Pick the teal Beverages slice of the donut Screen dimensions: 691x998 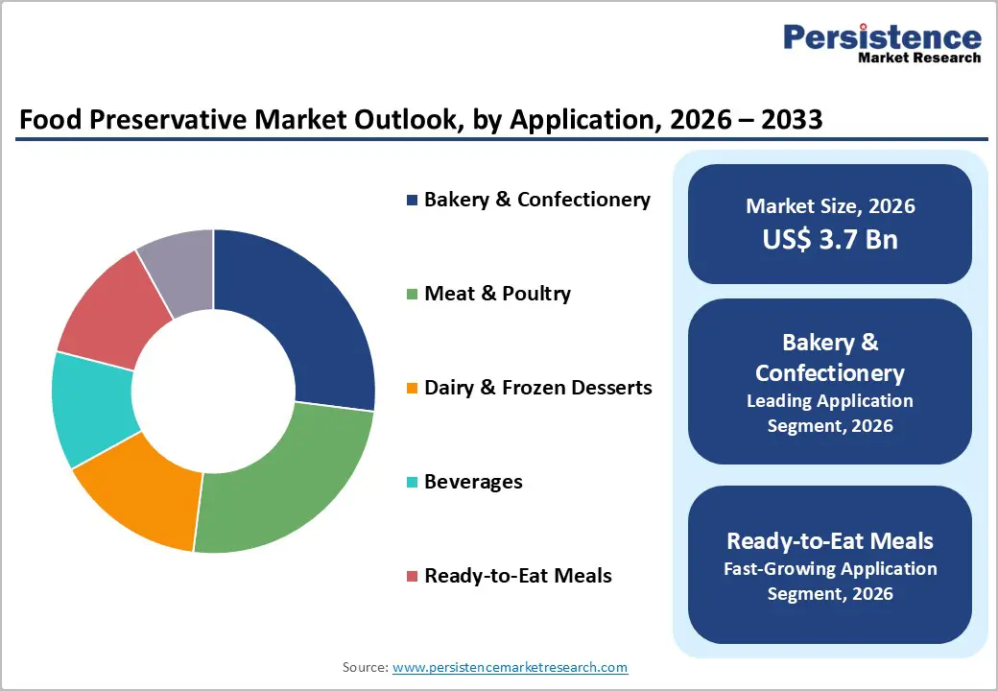[92, 407]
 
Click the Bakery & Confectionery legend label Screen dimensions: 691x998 [536, 200]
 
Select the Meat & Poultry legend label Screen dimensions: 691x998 [497, 294]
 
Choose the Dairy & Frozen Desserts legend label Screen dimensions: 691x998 [537, 388]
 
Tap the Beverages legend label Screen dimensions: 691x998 [473, 482]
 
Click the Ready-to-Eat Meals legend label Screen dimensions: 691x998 [517, 576]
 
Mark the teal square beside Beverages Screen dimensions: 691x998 [413, 483]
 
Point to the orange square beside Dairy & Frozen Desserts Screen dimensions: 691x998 [413, 389]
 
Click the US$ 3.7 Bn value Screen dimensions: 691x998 [830, 239]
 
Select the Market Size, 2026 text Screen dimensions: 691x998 [830, 206]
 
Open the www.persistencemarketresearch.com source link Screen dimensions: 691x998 [510, 667]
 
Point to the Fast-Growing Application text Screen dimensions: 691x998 [830, 569]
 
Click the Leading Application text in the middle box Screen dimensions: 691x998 [830, 400]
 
